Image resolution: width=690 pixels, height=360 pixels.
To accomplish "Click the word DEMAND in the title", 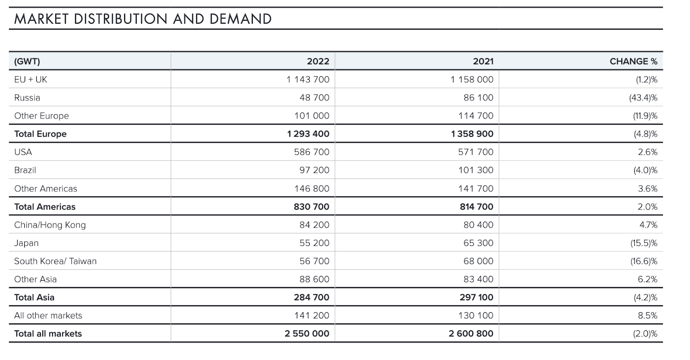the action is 240,19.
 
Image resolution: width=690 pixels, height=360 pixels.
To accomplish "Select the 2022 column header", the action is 318,61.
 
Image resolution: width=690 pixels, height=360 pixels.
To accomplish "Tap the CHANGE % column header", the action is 634,61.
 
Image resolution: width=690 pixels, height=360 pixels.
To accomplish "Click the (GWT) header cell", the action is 27,61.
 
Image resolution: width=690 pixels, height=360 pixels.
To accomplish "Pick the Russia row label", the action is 27,97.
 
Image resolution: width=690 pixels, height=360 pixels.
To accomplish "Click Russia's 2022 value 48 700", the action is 314,97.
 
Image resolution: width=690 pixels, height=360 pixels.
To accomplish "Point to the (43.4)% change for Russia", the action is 643,97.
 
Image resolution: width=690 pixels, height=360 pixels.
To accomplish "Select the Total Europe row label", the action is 41,134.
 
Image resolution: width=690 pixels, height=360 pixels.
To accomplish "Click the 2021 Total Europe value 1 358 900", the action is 472,134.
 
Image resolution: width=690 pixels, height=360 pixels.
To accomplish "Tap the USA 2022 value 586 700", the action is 312,152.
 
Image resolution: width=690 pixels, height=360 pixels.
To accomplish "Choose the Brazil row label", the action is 25,170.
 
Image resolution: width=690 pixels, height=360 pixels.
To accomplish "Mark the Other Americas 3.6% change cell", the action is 647,188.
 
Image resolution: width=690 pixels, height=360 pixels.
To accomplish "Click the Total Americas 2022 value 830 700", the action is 311,207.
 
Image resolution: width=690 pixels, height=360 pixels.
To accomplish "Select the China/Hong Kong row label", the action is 50,225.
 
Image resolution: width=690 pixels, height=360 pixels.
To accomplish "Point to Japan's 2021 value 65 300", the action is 478,243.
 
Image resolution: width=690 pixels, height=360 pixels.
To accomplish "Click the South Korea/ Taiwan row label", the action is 56,261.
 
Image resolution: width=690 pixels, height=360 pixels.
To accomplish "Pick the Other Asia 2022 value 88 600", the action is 314,279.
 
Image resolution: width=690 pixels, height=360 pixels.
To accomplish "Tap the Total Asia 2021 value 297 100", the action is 476,297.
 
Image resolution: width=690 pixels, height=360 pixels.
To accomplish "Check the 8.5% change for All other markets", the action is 647,315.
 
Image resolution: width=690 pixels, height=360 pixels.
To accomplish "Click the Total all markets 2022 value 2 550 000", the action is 307,334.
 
